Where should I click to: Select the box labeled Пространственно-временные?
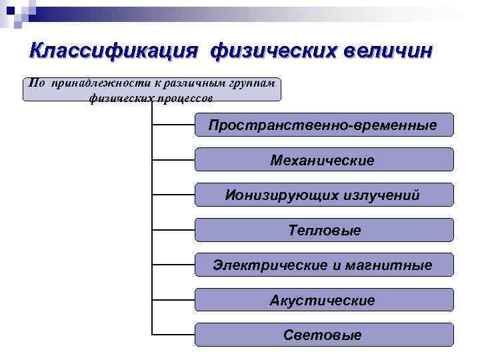[x=323, y=125]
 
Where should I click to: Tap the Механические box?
[x=323, y=160]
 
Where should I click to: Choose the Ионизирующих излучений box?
[x=323, y=195]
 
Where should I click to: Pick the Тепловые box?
[x=323, y=231]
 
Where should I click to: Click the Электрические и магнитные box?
[x=323, y=265]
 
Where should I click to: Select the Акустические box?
[x=323, y=301]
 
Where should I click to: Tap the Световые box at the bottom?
[x=323, y=335]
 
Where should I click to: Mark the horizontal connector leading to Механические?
[x=173, y=160]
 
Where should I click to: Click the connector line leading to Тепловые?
[x=173, y=231]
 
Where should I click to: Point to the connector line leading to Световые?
[x=173, y=334]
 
